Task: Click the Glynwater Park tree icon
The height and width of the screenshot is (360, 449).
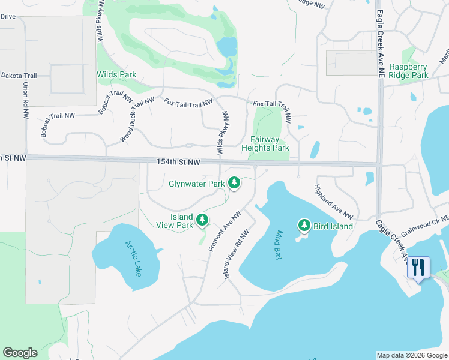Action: [234, 183]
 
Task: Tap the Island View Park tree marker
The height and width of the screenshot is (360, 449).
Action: [203, 220]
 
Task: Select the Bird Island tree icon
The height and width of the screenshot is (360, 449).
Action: [304, 226]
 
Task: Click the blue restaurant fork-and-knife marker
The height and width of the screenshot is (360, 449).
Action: [418, 267]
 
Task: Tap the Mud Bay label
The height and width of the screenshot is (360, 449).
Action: [279, 244]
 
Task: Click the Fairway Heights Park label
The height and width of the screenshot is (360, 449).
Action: [265, 143]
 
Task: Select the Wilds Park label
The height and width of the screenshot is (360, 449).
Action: [116, 75]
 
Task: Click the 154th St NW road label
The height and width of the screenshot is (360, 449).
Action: [178, 162]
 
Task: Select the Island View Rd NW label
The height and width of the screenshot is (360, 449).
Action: [237, 254]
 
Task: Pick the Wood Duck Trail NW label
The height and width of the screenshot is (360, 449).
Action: [137, 119]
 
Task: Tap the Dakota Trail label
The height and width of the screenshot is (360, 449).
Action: [19, 76]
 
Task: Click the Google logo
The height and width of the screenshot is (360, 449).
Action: [20, 353]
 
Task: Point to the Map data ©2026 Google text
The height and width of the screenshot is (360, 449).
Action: [411, 355]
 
